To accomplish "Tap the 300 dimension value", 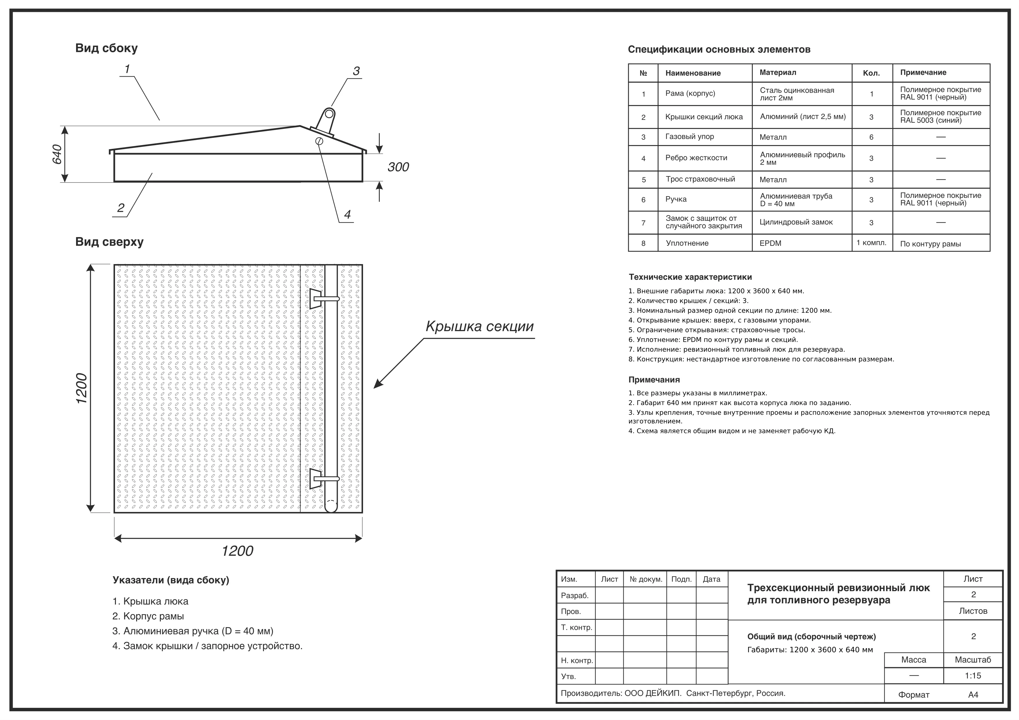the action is pyautogui.click(x=398, y=167).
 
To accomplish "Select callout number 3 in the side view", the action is pyautogui.click(x=356, y=71).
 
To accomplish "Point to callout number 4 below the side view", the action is pyautogui.click(x=348, y=215).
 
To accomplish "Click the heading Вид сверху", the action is pyautogui.click(x=109, y=242).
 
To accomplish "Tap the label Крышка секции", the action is pyautogui.click(x=479, y=326).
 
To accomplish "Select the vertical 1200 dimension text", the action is pyautogui.click(x=82, y=389).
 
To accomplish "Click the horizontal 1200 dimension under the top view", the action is pyautogui.click(x=238, y=551).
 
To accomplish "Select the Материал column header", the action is pyautogui.click(x=778, y=72).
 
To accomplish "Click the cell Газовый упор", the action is pyautogui.click(x=690, y=137).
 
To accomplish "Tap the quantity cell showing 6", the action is pyautogui.click(x=871, y=137).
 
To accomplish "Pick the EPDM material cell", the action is pyautogui.click(x=770, y=243).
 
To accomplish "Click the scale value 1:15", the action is pyautogui.click(x=973, y=676).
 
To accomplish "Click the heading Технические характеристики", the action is pyautogui.click(x=690, y=277).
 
